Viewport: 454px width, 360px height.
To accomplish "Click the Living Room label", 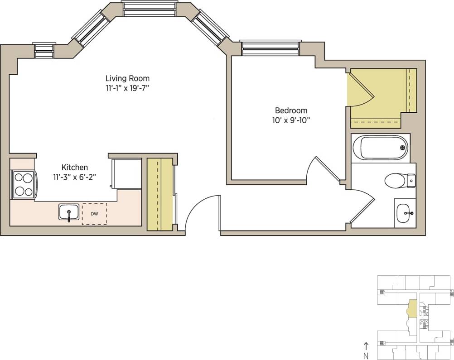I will pyautogui.click(x=127, y=78).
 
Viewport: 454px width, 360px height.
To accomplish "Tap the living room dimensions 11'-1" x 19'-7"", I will pyautogui.click(x=127, y=88).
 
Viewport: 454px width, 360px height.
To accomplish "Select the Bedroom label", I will pyautogui.click(x=291, y=110).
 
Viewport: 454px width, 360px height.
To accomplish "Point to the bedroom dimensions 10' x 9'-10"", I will pyautogui.click(x=291, y=120).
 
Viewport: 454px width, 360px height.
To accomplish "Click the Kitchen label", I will pyautogui.click(x=75, y=168).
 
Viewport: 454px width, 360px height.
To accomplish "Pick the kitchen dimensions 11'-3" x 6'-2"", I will pyautogui.click(x=75, y=177).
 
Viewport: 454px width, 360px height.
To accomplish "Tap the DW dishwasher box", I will pyautogui.click(x=94, y=214).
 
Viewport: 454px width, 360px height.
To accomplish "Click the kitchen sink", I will pyautogui.click(x=69, y=212).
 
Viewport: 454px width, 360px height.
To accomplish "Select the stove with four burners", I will pyautogui.click(x=24, y=184).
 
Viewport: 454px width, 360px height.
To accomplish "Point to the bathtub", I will pyautogui.click(x=380, y=148).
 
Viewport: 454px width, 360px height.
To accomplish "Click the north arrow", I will pyautogui.click(x=366, y=346).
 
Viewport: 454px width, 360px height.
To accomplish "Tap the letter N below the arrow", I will pyautogui.click(x=366, y=355).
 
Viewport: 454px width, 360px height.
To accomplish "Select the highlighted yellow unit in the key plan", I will pyautogui.click(x=412, y=309).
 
